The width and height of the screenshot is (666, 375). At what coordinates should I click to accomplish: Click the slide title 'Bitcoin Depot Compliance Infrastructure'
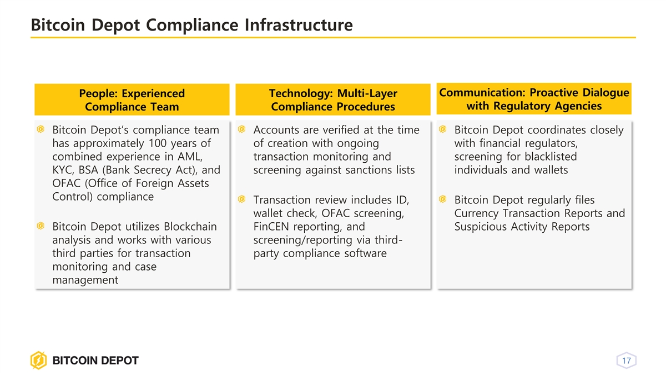click(x=192, y=24)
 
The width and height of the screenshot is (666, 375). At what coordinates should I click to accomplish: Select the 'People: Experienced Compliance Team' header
click(x=132, y=99)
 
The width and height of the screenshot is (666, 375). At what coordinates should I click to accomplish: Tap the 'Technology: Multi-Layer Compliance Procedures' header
click(x=333, y=99)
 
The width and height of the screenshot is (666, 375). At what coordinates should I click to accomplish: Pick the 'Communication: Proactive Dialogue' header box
click(x=534, y=99)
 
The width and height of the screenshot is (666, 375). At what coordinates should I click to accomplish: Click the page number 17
click(x=627, y=361)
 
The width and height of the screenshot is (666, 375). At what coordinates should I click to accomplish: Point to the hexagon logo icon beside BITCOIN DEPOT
click(x=39, y=360)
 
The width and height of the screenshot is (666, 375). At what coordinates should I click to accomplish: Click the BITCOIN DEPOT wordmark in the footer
click(x=95, y=361)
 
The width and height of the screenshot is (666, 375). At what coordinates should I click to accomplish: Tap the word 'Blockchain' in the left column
click(x=190, y=227)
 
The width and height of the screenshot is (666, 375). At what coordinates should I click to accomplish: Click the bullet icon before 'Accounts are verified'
click(x=242, y=129)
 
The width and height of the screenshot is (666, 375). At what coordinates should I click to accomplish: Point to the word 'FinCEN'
click(x=271, y=227)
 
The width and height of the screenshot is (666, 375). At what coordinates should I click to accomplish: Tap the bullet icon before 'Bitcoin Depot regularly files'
click(x=443, y=199)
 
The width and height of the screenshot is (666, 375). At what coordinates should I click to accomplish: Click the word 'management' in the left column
click(x=85, y=280)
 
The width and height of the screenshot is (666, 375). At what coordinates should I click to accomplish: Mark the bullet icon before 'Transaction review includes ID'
click(x=242, y=199)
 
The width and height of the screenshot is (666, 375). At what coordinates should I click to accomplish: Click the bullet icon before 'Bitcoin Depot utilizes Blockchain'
click(x=41, y=226)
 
